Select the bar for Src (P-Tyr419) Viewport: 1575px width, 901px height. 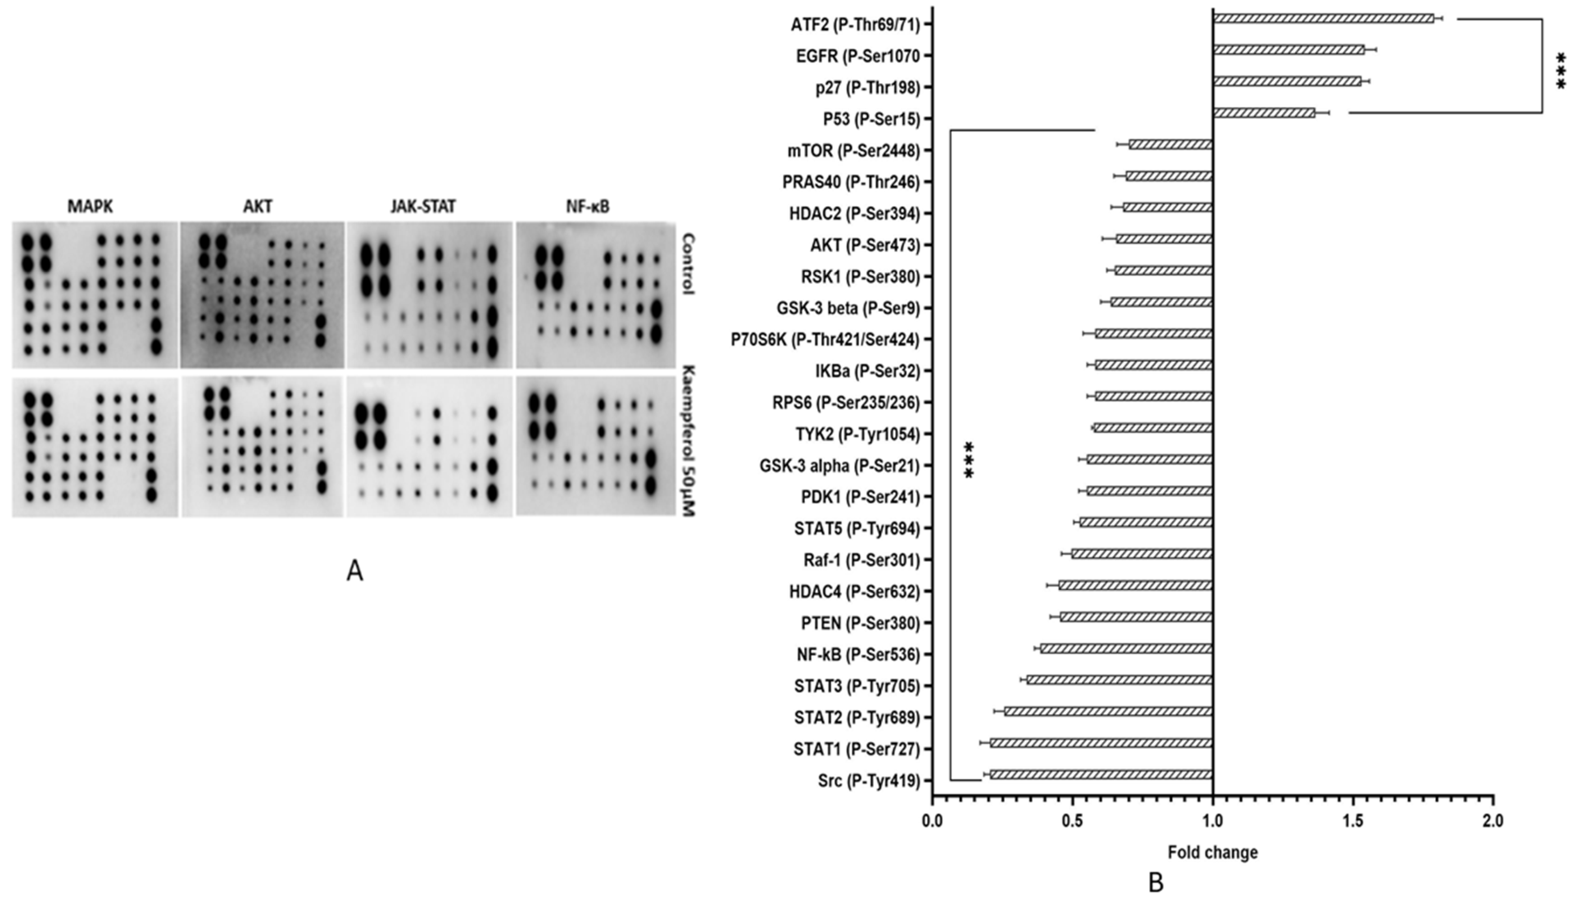click(x=1100, y=774)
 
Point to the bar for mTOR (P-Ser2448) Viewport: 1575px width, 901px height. click(x=1170, y=144)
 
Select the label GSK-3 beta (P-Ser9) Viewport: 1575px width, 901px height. click(x=848, y=308)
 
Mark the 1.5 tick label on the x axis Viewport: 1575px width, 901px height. click(x=1353, y=821)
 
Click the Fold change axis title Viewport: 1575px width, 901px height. click(x=1212, y=853)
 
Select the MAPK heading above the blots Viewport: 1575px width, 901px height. click(x=91, y=207)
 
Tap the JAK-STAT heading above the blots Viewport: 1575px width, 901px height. click(x=423, y=207)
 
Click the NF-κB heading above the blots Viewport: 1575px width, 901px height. click(x=587, y=207)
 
